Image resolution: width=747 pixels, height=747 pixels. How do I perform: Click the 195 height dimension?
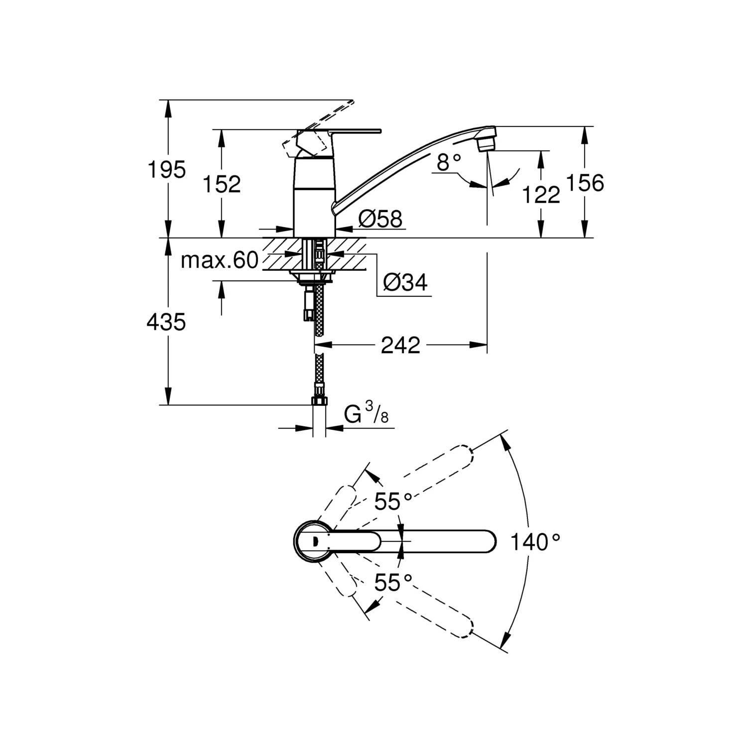[x=166, y=170]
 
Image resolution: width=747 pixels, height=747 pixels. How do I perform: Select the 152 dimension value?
[x=222, y=184]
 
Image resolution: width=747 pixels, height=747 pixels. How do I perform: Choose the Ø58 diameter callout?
[x=380, y=219]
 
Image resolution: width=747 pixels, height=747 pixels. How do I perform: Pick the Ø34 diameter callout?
[x=405, y=283]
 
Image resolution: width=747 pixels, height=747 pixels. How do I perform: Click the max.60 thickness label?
[x=220, y=260]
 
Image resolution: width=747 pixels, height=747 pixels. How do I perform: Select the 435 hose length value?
[x=166, y=322]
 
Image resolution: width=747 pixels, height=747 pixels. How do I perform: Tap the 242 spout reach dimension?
[x=400, y=345]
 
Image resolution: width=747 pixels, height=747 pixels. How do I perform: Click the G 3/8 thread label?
[x=366, y=414]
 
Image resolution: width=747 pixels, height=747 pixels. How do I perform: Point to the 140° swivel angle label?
[x=536, y=542]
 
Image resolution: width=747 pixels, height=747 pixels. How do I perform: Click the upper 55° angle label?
[x=393, y=501]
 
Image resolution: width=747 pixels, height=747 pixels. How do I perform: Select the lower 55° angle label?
[x=393, y=582]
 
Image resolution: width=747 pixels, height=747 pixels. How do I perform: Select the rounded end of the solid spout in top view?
[x=488, y=541]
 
